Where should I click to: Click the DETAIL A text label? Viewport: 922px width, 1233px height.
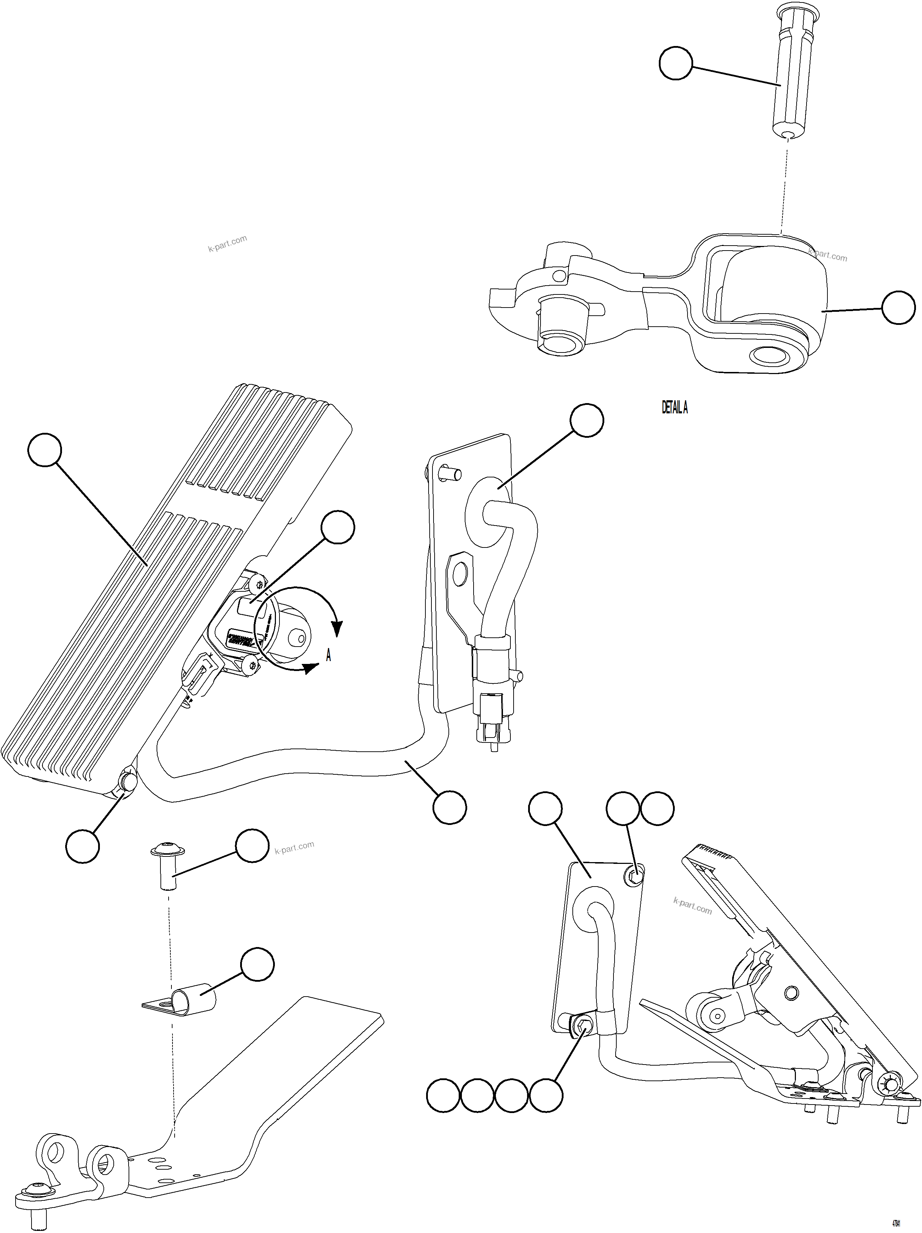674,408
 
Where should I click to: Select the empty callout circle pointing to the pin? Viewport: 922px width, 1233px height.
675,64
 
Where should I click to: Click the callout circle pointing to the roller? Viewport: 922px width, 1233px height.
898,307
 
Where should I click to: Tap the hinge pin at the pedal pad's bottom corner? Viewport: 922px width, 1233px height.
128,782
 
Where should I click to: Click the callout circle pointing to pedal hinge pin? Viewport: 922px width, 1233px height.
83,846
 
